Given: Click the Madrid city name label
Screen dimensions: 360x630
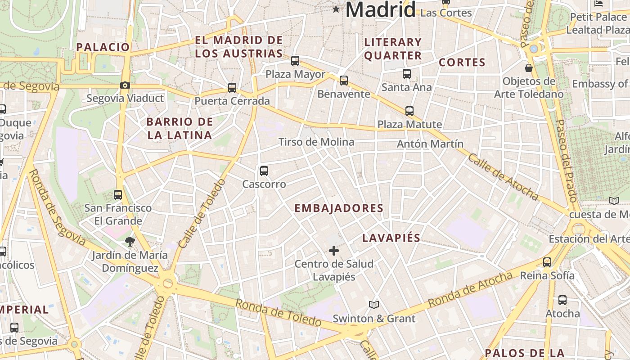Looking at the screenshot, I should tap(380, 10).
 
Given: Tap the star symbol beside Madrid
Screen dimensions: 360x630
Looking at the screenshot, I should tap(336, 9).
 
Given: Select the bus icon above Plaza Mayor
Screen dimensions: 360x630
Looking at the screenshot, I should tap(295, 61).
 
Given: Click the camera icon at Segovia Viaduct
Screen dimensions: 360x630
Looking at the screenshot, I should tap(125, 85).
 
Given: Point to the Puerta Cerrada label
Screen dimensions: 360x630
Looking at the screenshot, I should tap(232, 101).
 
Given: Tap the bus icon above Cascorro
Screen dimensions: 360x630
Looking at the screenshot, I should tap(264, 171).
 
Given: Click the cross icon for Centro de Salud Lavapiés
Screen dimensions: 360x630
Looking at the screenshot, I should tap(334, 251).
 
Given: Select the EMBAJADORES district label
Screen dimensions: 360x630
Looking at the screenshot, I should tap(338, 208).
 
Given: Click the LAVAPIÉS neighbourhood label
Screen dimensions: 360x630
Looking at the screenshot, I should tap(391, 238).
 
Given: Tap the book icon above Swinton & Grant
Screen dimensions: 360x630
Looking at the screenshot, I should tap(374, 305).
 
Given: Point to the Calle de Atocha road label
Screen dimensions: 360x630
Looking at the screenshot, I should tap(503, 176).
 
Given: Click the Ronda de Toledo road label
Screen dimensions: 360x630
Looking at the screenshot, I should tap(278, 313).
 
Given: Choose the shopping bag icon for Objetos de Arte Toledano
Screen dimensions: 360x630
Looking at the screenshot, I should tap(529, 68).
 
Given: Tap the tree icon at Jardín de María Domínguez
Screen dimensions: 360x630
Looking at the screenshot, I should tap(130, 242).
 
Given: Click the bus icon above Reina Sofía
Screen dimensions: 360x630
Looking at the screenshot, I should tap(547, 262).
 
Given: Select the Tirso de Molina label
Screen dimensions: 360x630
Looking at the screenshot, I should tap(316, 142).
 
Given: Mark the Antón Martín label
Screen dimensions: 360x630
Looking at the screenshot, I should tap(430, 144).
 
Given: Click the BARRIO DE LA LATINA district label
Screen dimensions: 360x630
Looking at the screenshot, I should tap(179, 128).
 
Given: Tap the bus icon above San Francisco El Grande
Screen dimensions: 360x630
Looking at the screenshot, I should tap(118, 195).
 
